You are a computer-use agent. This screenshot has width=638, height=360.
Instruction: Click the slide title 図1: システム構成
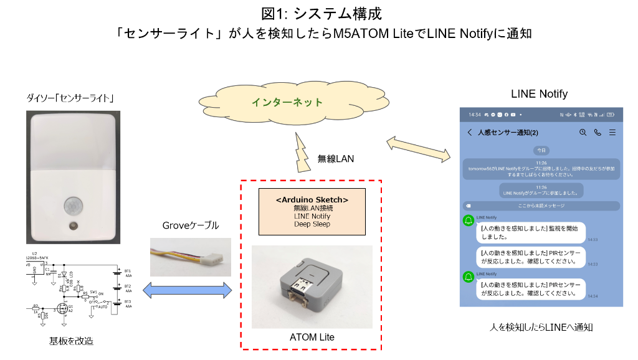(318, 12)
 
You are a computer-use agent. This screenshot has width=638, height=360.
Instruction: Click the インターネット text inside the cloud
(287, 102)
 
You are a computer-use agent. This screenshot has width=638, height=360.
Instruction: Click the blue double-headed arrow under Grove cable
(188, 290)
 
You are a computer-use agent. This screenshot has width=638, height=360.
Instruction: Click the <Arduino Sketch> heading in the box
(312, 199)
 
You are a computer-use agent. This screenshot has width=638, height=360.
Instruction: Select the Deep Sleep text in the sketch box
(312, 224)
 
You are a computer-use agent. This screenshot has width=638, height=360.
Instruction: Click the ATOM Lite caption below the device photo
(312, 337)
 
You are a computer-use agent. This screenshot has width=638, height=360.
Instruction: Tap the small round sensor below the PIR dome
(74, 225)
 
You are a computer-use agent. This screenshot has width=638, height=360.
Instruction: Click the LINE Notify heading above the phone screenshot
(539, 94)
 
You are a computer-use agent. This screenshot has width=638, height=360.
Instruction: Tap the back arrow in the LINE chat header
(469, 133)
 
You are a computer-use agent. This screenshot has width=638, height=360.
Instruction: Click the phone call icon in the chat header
(598, 133)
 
